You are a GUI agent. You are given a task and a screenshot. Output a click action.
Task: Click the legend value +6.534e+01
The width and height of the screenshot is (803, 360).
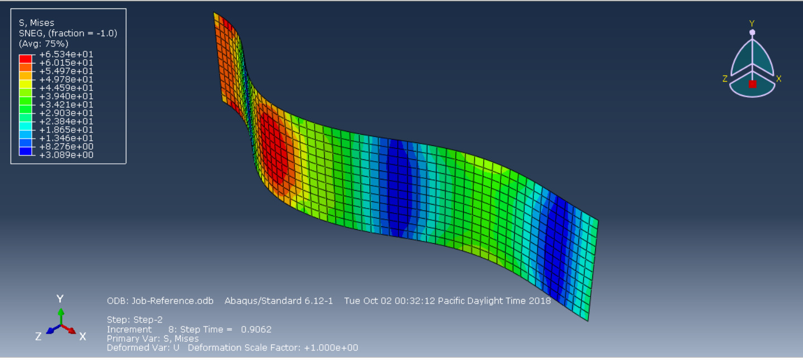point(66,54)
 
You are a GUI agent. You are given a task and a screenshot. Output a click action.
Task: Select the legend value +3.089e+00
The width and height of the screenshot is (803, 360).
point(66,155)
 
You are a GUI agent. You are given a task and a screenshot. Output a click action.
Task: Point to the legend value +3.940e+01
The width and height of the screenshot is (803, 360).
point(66,96)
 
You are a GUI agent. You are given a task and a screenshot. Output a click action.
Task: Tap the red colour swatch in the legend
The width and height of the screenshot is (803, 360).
point(26,58)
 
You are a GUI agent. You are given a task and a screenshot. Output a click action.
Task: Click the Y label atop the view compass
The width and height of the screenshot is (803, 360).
point(752,23)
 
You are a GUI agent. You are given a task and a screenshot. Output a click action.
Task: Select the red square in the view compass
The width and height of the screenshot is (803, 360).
point(752,84)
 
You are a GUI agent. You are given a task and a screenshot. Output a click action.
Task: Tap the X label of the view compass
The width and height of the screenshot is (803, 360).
point(778,79)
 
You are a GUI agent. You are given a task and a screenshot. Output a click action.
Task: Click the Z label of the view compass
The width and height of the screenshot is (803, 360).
point(725,79)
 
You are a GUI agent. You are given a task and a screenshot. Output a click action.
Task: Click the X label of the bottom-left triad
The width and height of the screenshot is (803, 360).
point(83,337)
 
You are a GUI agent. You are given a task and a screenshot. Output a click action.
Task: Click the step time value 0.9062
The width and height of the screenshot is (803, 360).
point(256,330)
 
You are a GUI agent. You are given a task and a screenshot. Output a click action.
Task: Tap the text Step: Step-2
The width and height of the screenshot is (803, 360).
point(134,320)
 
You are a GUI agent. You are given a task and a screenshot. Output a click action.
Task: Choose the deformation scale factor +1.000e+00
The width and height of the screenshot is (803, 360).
point(331,348)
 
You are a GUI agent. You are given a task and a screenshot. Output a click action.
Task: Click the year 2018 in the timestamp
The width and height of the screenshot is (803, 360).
point(540,301)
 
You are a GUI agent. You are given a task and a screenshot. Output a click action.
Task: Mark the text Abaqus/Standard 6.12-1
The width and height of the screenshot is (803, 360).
point(279,301)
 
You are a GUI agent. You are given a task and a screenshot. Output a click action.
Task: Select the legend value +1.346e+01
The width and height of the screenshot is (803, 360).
point(66,138)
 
